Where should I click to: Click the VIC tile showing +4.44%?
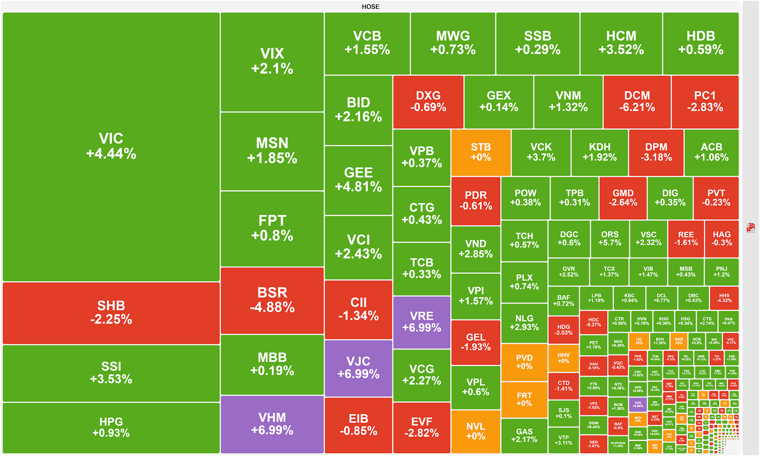pyautogui.click(x=111, y=146)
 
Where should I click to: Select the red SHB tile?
pyautogui.click(x=111, y=313)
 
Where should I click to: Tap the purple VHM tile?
pyautogui.click(x=272, y=424)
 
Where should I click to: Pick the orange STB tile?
pyautogui.click(x=481, y=153)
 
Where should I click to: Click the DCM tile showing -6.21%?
pyautogui.click(x=637, y=102)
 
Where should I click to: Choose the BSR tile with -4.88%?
pyautogui.click(x=272, y=300)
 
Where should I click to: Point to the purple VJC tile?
pyautogui.click(x=358, y=368)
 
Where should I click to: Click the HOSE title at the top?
pyautogui.click(x=370, y=7)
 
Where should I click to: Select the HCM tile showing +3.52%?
pyautogui.click(x=621, y=43)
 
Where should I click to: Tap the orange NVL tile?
pyautogui.click(x=475, y=431)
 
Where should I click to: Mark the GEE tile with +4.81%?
pyautogui.click(x=358, y=180)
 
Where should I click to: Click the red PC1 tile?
pyautogui.click(x=705, y=102)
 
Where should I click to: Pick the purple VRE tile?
pyautogui.click(x=422, y=322)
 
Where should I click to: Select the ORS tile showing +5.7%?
pyautogui.click(x=610, y=239)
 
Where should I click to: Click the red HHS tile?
pyautogui.click(x=724, y=298)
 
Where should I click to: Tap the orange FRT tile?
pyautogui.click(x=524, y=399)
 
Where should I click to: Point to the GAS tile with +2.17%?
pyautogui.click(x=524, y=435)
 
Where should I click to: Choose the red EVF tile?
pyautogui.click(x=422, y=427)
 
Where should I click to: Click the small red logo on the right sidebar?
pyautogui.click(x=750, y=228)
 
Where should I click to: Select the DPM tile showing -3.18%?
pyautogui.click(x=656, y=153)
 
